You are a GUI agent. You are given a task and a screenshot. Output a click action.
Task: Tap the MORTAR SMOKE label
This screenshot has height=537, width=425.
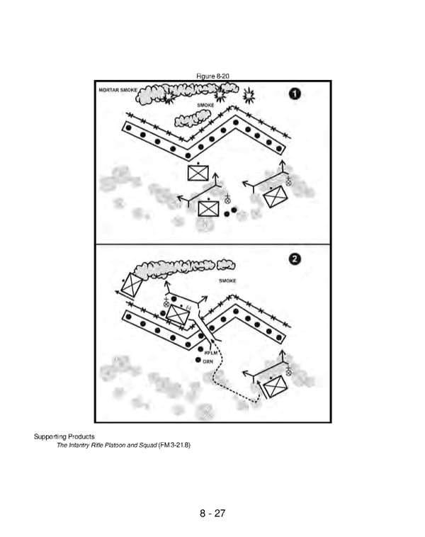(118, 90)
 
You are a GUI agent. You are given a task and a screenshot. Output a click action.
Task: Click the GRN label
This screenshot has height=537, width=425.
(208, 362)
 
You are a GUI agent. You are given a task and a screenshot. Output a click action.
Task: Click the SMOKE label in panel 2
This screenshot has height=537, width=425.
(227, 281)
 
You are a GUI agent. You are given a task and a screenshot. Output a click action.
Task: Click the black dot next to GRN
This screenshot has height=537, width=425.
(198, 361)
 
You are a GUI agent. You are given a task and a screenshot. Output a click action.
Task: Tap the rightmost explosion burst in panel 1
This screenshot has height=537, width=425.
(249, 94)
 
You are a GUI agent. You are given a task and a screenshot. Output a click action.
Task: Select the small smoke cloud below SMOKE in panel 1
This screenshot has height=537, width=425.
(194, 118)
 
